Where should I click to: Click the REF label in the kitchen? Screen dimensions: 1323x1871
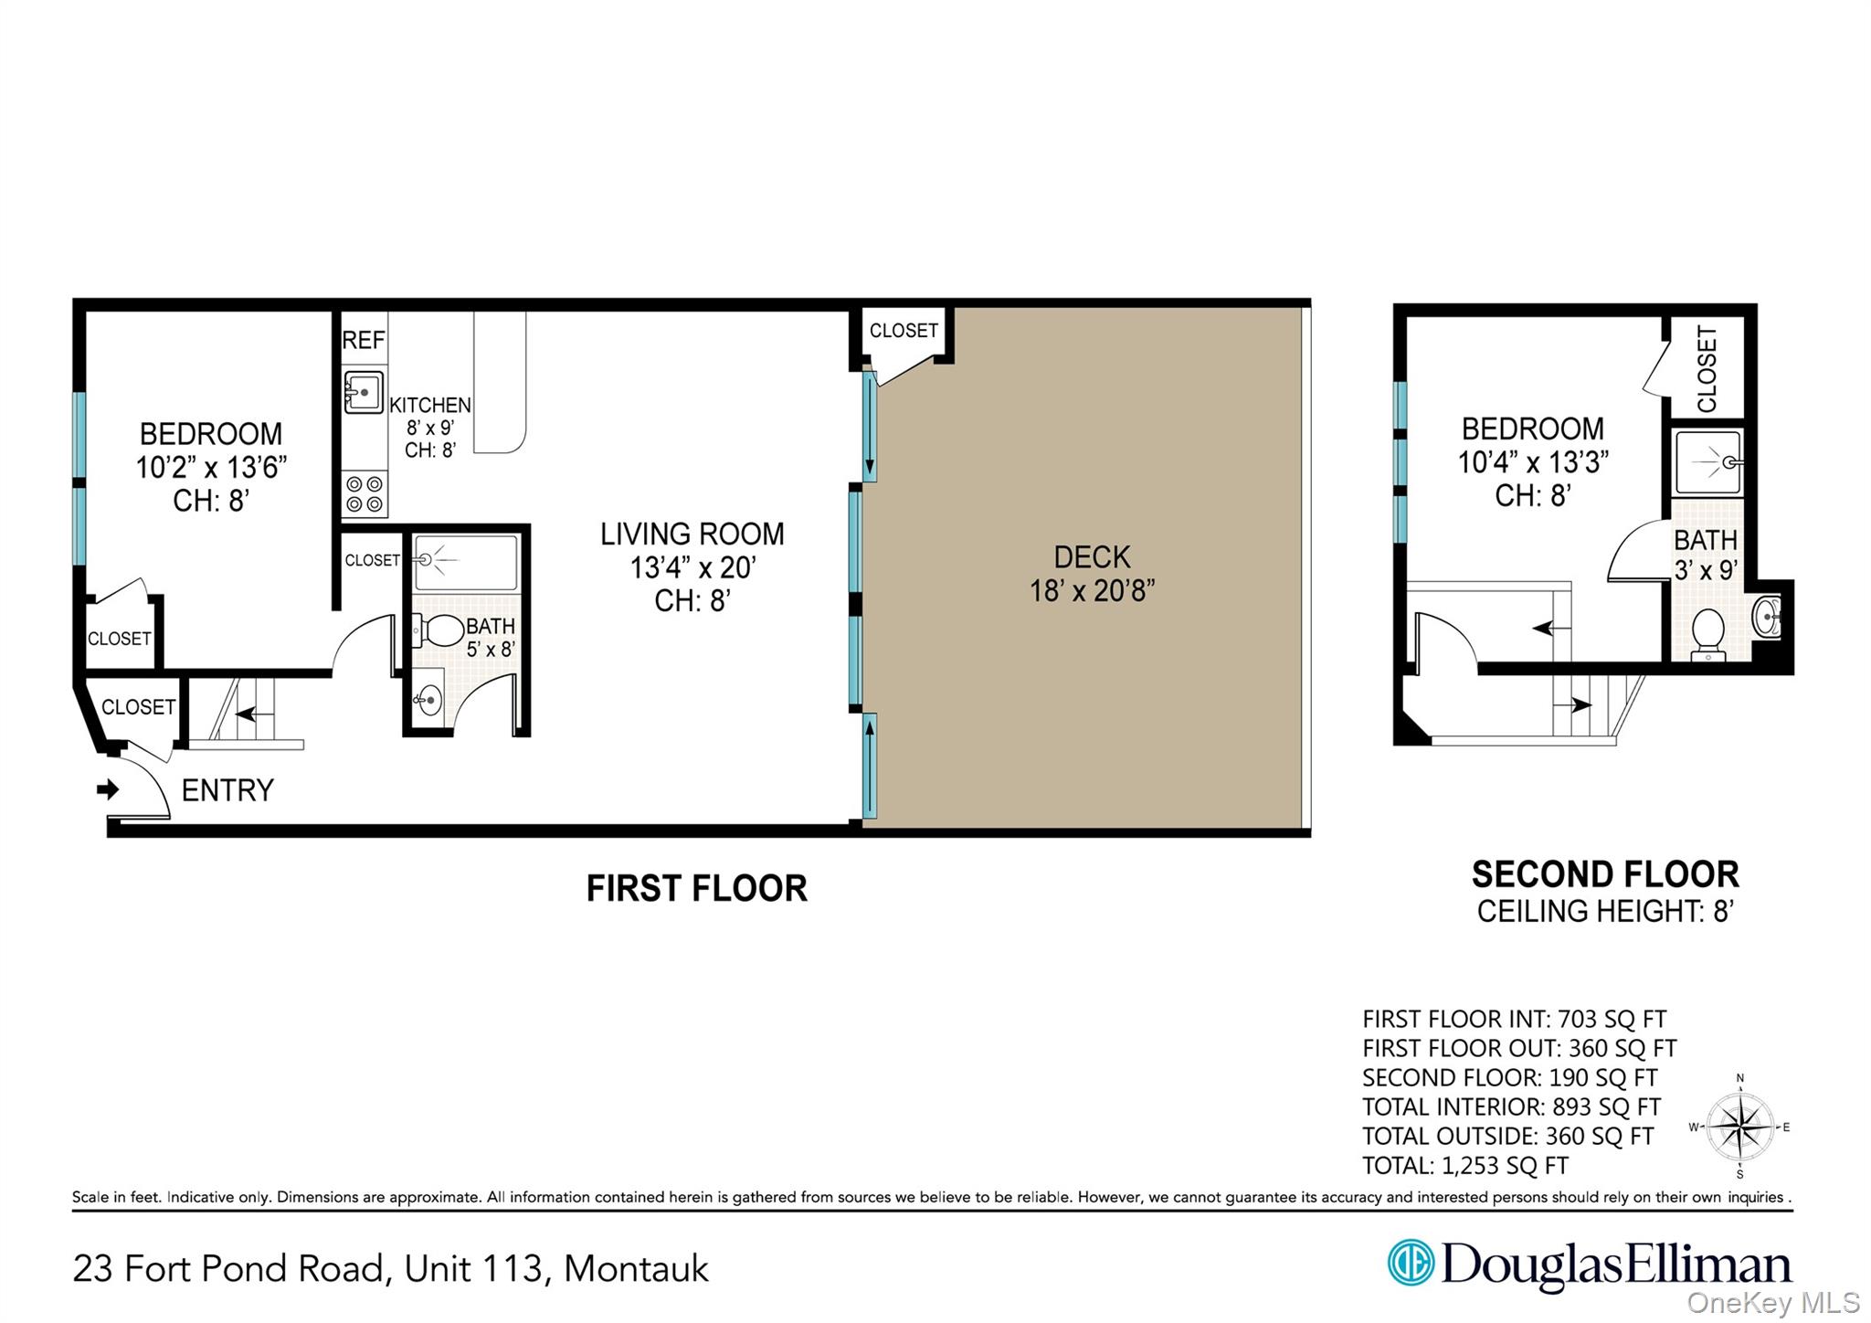(x=364, y=340)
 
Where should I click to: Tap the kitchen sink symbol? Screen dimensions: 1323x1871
(x=364, y=392)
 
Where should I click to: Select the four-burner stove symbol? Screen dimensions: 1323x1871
(x=365, y=494)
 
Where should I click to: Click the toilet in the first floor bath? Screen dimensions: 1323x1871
(x=440, y=630)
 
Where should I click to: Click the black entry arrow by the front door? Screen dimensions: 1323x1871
(x=108, y=789)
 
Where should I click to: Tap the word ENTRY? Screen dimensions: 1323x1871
(x=227, y=790)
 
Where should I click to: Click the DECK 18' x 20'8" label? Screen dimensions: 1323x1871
(x=1092, y=574)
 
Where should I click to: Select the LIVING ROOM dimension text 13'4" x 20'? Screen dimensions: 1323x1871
(x=692, y=567)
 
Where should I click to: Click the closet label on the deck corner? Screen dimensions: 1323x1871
(x=904, y=331)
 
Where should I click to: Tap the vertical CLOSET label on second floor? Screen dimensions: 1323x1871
(x=1707, y=368)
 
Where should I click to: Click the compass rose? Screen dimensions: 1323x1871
(x=1739, y=1127)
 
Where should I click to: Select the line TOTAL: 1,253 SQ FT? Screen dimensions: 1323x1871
(x=1464, y=1166)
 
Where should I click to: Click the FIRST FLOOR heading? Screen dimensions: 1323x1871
(x=696, y=888)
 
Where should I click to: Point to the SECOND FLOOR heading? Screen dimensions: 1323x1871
(x=1604, y=874)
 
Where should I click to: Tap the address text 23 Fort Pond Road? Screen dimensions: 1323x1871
(x=227, y=1268)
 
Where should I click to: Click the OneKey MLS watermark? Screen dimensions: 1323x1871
(x=1772, y=1302)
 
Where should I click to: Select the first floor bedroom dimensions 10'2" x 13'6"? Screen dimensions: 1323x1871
(x=211, y=467)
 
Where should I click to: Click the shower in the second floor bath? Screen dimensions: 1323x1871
(x=1707, y=463)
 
